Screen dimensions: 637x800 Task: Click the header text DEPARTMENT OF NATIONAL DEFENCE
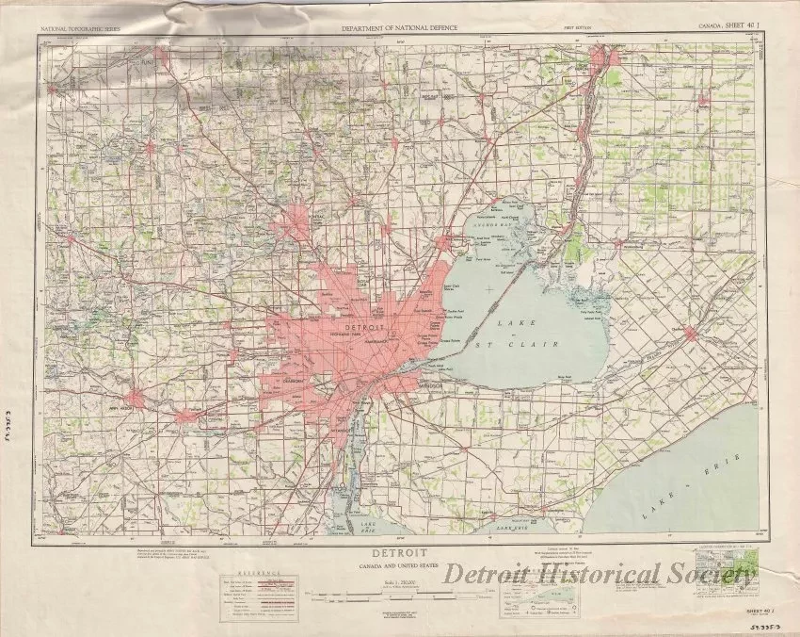(399, 28)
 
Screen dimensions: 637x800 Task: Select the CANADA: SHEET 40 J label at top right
(731, 25)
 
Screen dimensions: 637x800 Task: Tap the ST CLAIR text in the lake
(529, 346)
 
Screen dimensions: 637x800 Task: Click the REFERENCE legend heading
(252, 573)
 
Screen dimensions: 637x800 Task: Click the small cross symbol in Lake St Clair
(489, 287)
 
